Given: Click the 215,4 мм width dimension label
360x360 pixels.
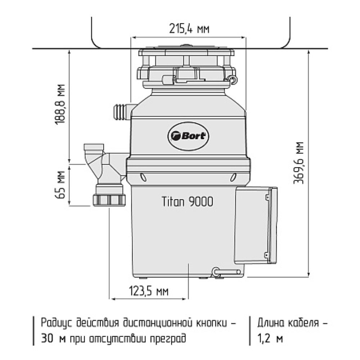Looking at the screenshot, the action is [x=189, y=29].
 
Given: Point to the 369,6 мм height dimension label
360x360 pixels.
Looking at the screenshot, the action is [x=298, y=163].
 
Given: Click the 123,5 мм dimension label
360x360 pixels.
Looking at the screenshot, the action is [x=149, y=291].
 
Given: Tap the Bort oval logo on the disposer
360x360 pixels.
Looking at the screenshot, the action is [x=188, y=136].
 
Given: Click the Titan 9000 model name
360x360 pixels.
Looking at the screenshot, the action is [x=187, y=202].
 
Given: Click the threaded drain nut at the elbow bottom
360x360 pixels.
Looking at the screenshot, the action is [x=109, y=199].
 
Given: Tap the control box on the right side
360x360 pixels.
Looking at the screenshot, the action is [x=256, y=225].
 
